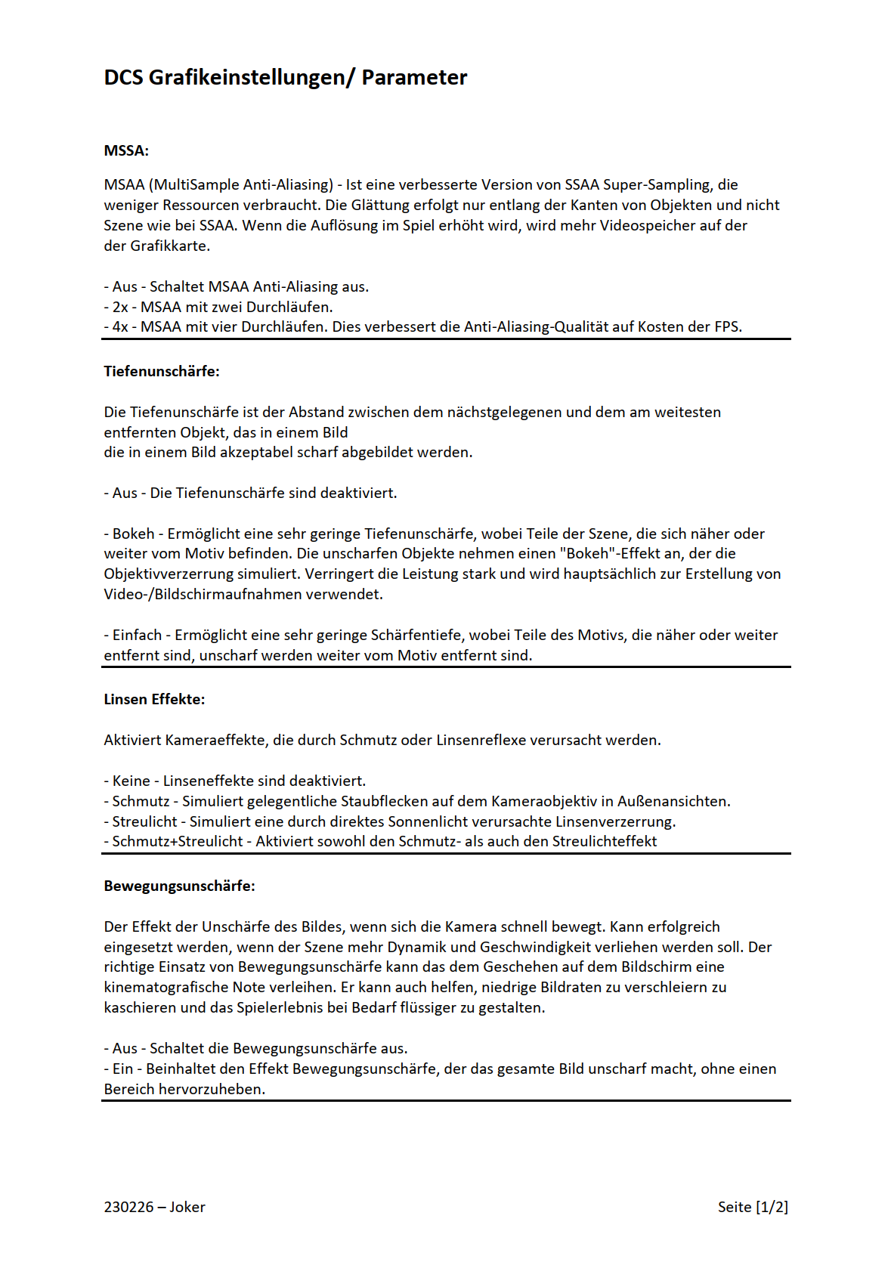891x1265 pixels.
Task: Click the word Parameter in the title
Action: pyautogui.click(x=414, y=77)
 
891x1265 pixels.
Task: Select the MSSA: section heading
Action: pyautogui.click(x=126, y=150)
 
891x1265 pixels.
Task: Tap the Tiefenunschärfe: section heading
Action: pyautogui.click(x=162, y=371)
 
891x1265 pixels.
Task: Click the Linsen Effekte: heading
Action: pyautogui.click(x=154, y=699)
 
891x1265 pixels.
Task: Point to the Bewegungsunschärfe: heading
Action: pyautogui.click(x=179, y=886)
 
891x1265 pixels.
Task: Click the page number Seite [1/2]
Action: pyautogui.click(x=753, y=1207)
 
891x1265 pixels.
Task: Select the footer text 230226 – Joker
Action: pyautogui.click(x=154, y=1207)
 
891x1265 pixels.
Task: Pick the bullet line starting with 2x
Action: pyautogui.click(x=218, y=307)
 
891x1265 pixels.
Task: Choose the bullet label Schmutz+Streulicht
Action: pyautogui.click(x=178, y=841)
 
